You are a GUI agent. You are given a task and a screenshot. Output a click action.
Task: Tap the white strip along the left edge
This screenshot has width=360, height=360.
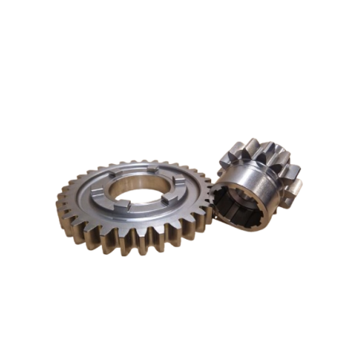[x=23, y=180]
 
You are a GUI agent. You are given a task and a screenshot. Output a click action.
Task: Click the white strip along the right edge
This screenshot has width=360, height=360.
[x=337, y=180]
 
